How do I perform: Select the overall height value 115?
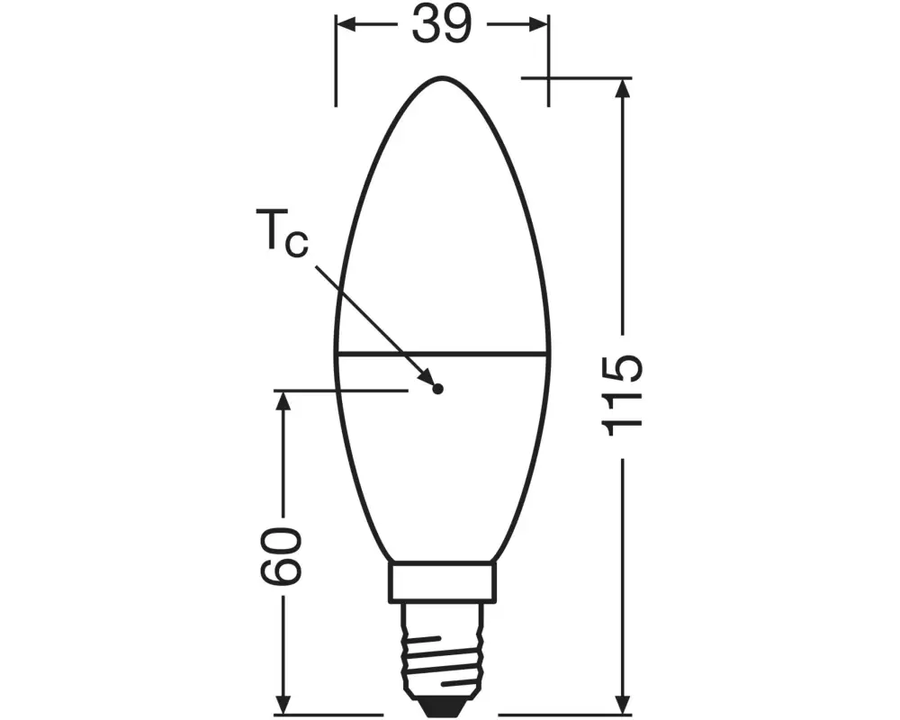tap(623, 393)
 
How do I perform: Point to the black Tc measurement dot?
tap(437, 389)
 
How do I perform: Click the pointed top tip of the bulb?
tap(442, 77)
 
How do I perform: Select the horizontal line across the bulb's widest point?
tap(442, 353)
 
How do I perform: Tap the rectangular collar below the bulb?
tap(442, 582)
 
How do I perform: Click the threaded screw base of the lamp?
tap(442, 648)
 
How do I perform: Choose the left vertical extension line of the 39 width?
tap(336, 63)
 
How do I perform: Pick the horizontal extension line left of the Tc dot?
tap(342, 391)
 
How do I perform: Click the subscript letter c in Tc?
tap(296, 245)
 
